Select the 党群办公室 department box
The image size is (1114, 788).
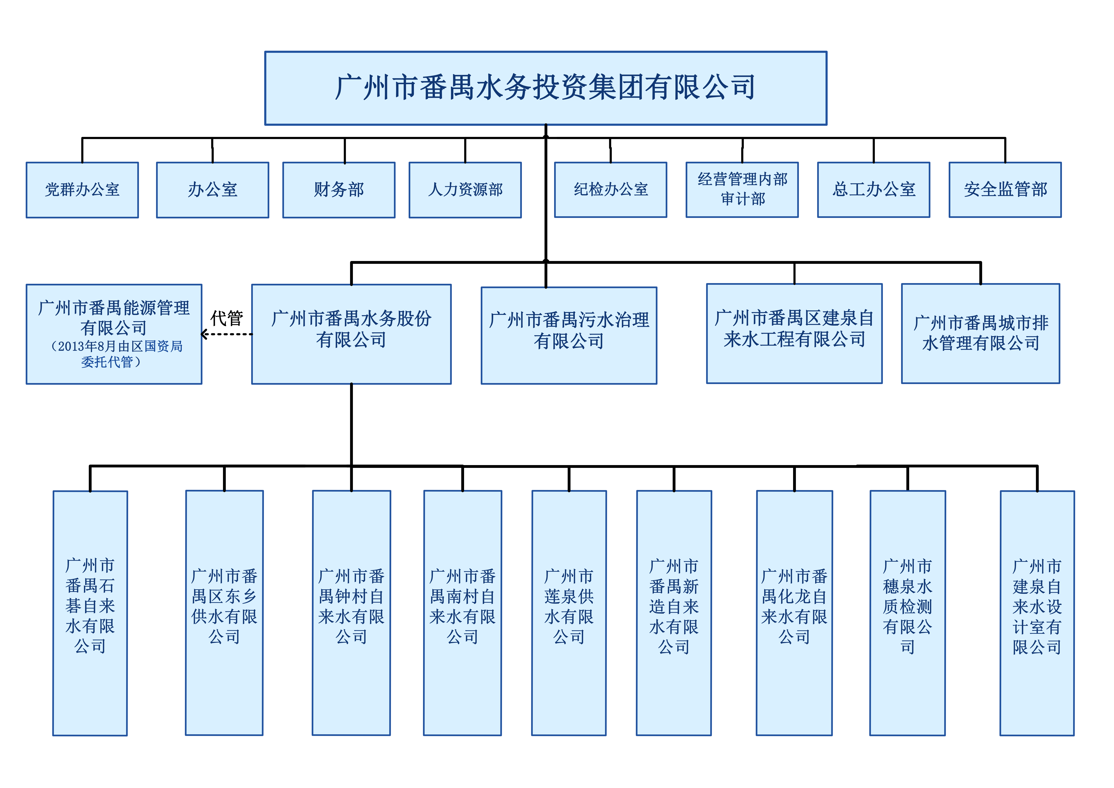(x=82, y=190)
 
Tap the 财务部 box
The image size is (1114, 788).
(x=339, y=190)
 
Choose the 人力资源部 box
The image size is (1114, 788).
(x=465, y=190)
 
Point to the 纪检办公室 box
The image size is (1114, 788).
(x=610, y=190)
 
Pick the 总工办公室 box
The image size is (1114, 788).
(x=873, y=190)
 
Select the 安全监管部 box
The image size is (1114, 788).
(x=1005, y=190)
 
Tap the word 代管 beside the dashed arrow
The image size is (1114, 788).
(x=227, y=318)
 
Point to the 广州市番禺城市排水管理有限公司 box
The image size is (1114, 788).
(x=980, y=333)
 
